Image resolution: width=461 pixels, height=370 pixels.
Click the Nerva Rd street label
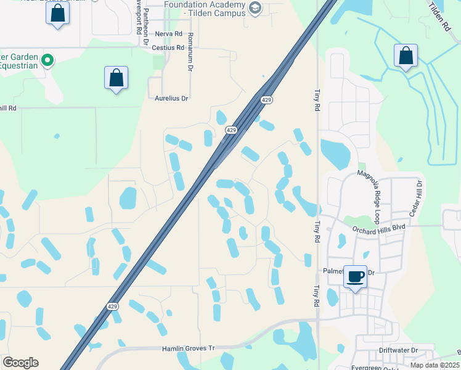(x=169, y=34)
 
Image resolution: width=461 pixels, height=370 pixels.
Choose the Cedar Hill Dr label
(x=420, y=197)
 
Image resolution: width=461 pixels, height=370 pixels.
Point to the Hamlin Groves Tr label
(x=188, y=348)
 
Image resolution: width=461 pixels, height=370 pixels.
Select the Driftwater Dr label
(x=398, y=350)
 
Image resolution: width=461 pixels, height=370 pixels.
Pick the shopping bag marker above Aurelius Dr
(x=116, y=78)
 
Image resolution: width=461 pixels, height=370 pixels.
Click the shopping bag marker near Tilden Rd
(x=406, y=55)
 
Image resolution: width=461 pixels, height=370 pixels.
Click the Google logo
(x=20, y=363)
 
